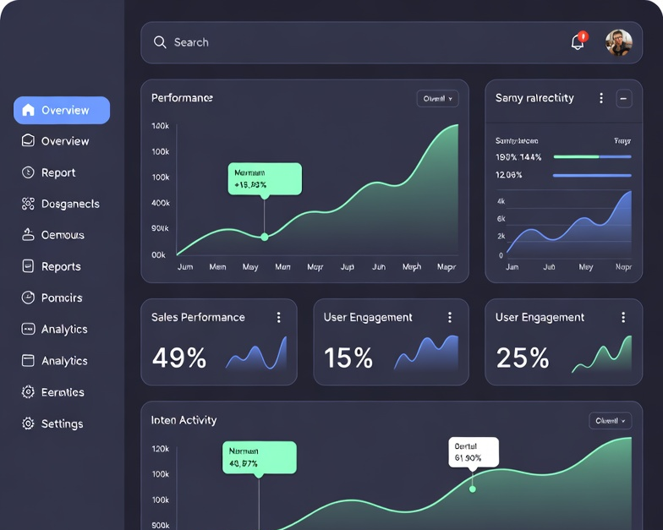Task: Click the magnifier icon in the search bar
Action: coord(159,42)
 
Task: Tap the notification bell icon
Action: coord(578,41)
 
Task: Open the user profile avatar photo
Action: coord(618,42)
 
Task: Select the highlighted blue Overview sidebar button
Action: coord(62,110)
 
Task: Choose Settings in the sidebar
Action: coord(62,423)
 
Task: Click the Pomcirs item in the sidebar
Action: coord(62,298)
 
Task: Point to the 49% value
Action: coord(179,358)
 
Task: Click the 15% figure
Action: coord(348,358)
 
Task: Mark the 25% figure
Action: coord(523,358)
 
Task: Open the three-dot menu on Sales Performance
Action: coord(278,317)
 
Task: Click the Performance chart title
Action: coord(182,98)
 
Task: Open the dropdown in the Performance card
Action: coord(437,99)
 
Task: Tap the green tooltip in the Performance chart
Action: coord(265,178)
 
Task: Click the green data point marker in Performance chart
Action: coord(265,237)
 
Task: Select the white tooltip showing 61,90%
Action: coord(473,451)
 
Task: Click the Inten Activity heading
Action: coord(184,420)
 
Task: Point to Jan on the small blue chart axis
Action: coord(512,266)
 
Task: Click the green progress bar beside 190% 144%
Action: coord(576,156)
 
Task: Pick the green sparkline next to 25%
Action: coord(602,355)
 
